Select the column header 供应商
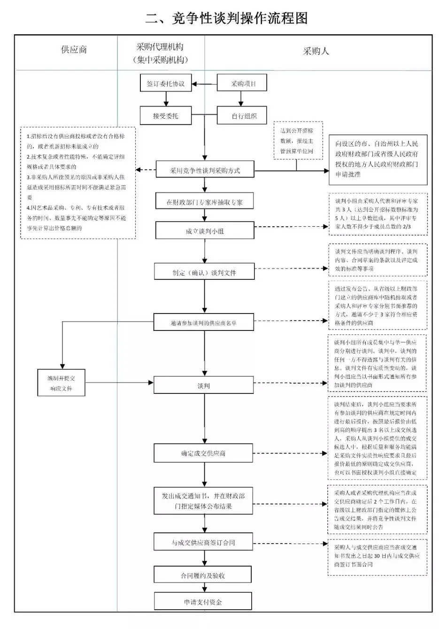[74, 50]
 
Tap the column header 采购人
[316, 51]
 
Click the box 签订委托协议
[166, 84]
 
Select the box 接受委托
[166, 115]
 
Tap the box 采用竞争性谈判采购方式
[204, 170]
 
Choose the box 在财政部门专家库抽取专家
[204, 202]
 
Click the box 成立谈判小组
[204, 231]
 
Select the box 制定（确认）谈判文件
[204, 272]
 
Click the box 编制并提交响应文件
[61, 383]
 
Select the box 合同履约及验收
[203, 575]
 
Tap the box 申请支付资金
[203, 602]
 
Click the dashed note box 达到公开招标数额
[297, 141]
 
